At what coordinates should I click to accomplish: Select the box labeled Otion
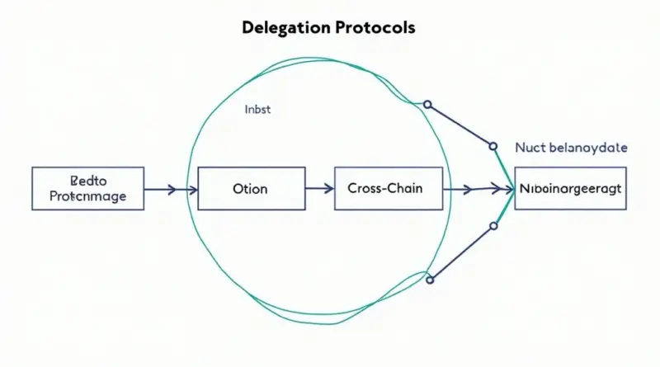[x=248, y=189]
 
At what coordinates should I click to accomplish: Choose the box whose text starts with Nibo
[x=570, y=189]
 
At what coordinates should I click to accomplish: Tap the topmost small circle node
[x=427, y=105]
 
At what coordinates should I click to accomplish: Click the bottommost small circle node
[x=430, y=280]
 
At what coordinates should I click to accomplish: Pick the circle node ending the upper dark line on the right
[x=493, y=147]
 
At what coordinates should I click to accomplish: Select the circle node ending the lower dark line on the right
[x=493, y=224]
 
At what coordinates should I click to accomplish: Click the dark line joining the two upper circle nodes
[x=460, y=125]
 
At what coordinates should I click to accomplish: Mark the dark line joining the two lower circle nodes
[x=461, y=252]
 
